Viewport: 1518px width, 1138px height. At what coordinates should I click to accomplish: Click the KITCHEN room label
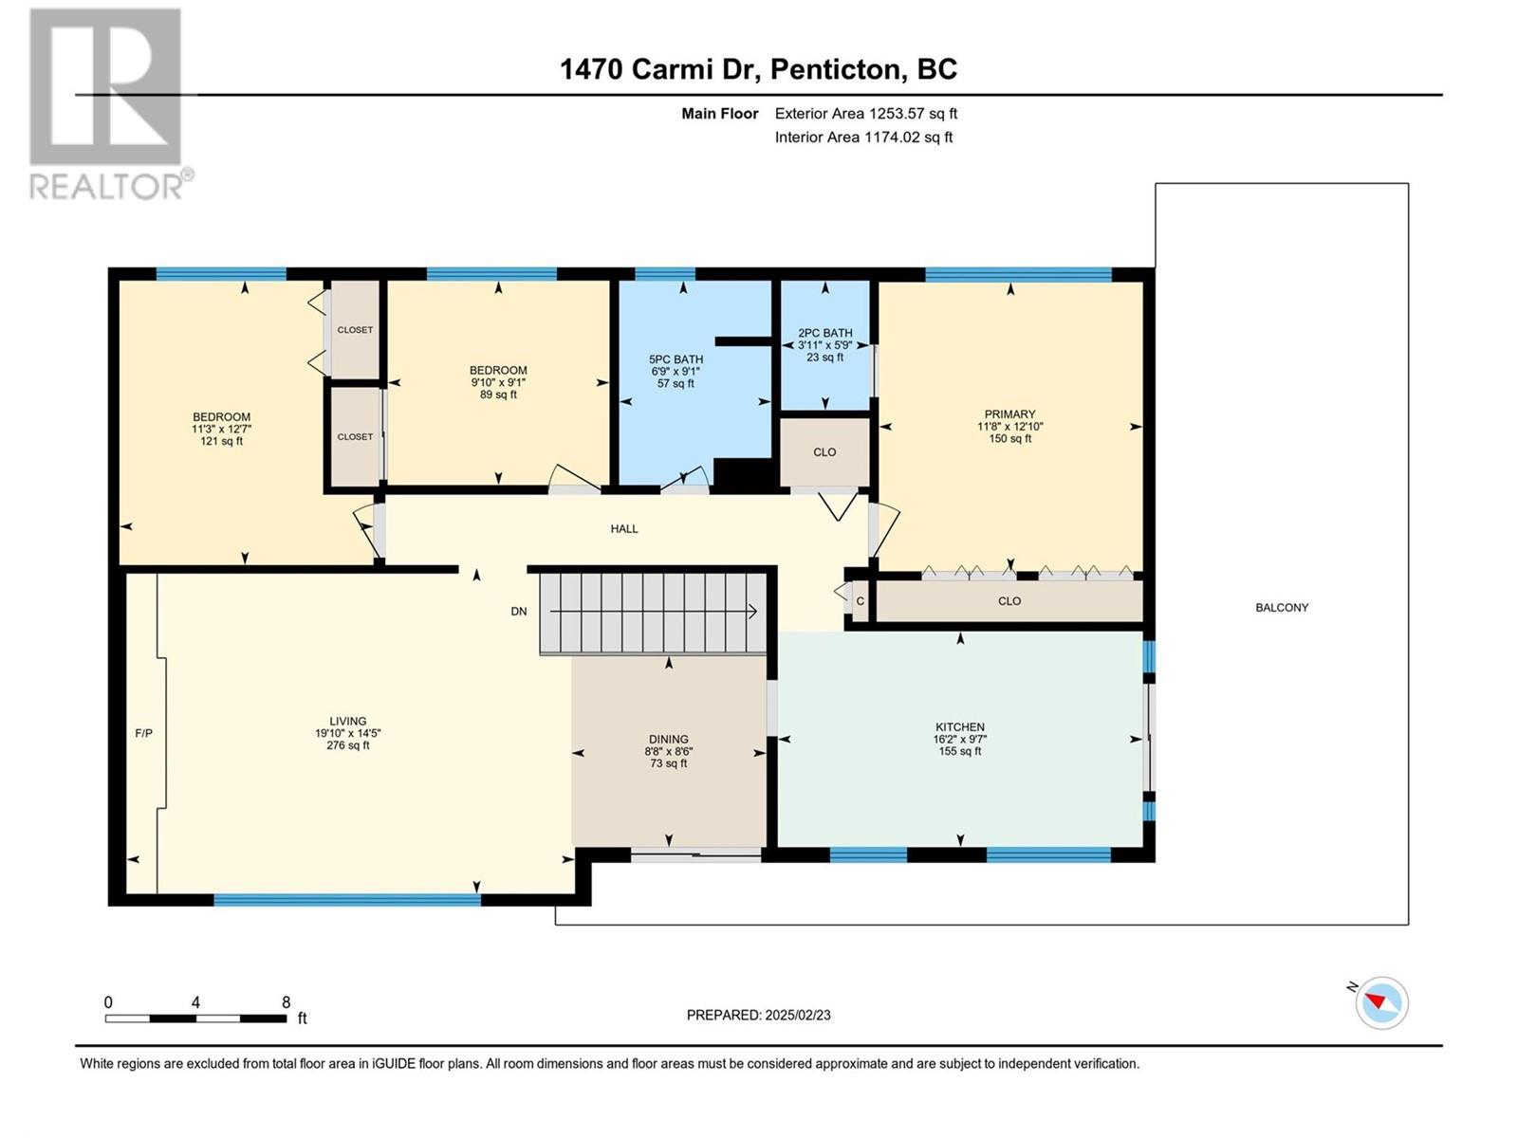tap(960, 726)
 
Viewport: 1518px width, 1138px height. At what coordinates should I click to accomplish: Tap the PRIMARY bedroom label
tap(1009, 413)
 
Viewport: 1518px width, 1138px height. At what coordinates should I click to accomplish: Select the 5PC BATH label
tap(676, 359)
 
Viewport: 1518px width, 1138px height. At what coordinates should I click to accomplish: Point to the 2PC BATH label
tap(825, 333)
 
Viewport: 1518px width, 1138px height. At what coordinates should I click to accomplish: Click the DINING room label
tap(668, 740)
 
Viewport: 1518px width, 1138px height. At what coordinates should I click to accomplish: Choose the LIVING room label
tap(348, 722)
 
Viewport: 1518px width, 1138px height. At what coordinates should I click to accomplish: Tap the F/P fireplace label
tap(144, 733)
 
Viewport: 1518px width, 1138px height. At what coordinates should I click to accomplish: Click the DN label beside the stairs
tap(519, 612)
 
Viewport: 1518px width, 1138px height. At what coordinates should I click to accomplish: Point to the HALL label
tap(623, 529)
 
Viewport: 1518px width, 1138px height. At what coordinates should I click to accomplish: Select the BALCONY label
tap(1282, 607)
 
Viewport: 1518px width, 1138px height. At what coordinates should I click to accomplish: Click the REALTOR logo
tap(111, 103)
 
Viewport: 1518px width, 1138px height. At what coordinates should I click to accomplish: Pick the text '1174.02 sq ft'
tap(908, 137)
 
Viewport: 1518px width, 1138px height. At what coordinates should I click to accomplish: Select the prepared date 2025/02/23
tap(797, 1015)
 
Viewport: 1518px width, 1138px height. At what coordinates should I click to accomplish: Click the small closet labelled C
tap(860, 601)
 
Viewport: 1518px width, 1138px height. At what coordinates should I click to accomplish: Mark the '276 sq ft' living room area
tap(348, 745)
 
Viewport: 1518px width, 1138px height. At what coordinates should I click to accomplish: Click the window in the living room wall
tap(347, 900)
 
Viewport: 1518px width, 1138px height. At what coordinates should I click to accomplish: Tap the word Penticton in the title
tap(838, 70)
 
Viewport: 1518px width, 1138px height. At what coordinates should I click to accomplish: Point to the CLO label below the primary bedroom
tap(1009, 601)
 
